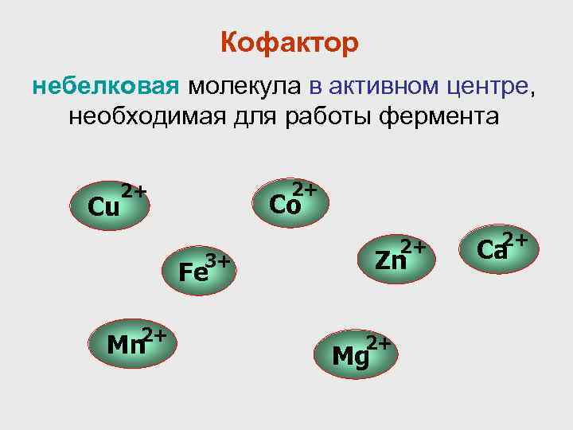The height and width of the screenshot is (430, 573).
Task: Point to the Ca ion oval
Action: click(497, 248)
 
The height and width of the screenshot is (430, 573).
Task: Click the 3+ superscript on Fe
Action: click(218, 260)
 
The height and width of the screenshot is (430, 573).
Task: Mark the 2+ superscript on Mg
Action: click(379, 343)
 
